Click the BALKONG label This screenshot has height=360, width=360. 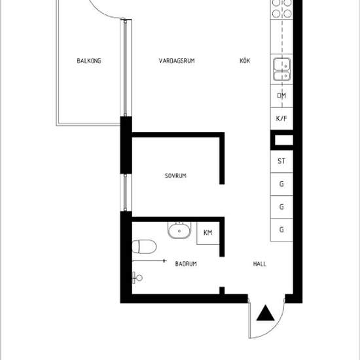point(88,62)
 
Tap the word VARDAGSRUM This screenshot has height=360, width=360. point(177,62)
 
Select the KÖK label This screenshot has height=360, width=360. point(245,62)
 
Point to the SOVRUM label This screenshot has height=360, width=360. point(176,176)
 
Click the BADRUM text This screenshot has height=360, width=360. point(186,264)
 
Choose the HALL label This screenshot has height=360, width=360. point(260,264)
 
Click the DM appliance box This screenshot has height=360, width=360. point(281,96)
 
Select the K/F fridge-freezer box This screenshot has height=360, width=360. point(281,118)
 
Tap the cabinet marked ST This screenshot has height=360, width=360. point(281,161)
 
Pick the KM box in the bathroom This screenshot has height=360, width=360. point(208,233)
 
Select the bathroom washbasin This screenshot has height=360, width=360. point(177,230)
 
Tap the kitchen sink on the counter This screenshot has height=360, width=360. point(281,69)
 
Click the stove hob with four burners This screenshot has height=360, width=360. point(281,8)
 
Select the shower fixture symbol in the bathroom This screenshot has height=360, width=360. point(137,277)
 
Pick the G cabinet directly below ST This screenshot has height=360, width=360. point(281,184)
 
